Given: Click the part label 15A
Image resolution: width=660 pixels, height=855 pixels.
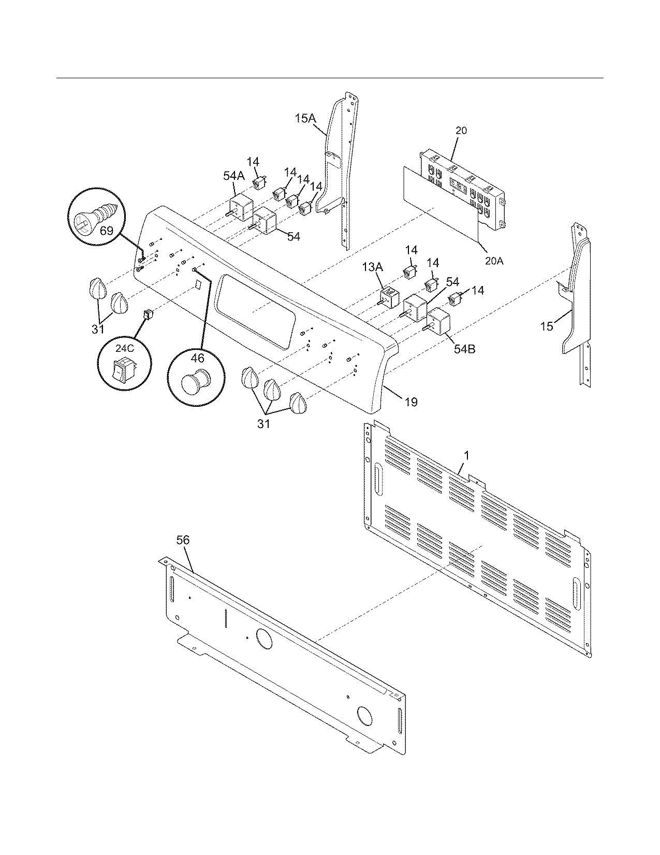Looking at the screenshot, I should point(305,119).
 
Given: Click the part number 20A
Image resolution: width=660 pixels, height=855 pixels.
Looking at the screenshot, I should point(494,261).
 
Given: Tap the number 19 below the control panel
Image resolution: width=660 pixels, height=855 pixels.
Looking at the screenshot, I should point(411,402).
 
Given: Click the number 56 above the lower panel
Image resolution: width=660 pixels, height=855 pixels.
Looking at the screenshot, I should point(183,540).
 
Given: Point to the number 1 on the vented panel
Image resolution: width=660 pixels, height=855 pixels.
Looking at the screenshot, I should point(466,455).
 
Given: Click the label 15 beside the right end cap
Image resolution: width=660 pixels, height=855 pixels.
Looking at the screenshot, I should point(547,326).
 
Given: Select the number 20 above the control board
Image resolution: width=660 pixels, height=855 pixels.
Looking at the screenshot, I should point(461,131).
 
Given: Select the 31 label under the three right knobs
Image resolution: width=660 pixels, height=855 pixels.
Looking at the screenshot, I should point(263,424).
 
